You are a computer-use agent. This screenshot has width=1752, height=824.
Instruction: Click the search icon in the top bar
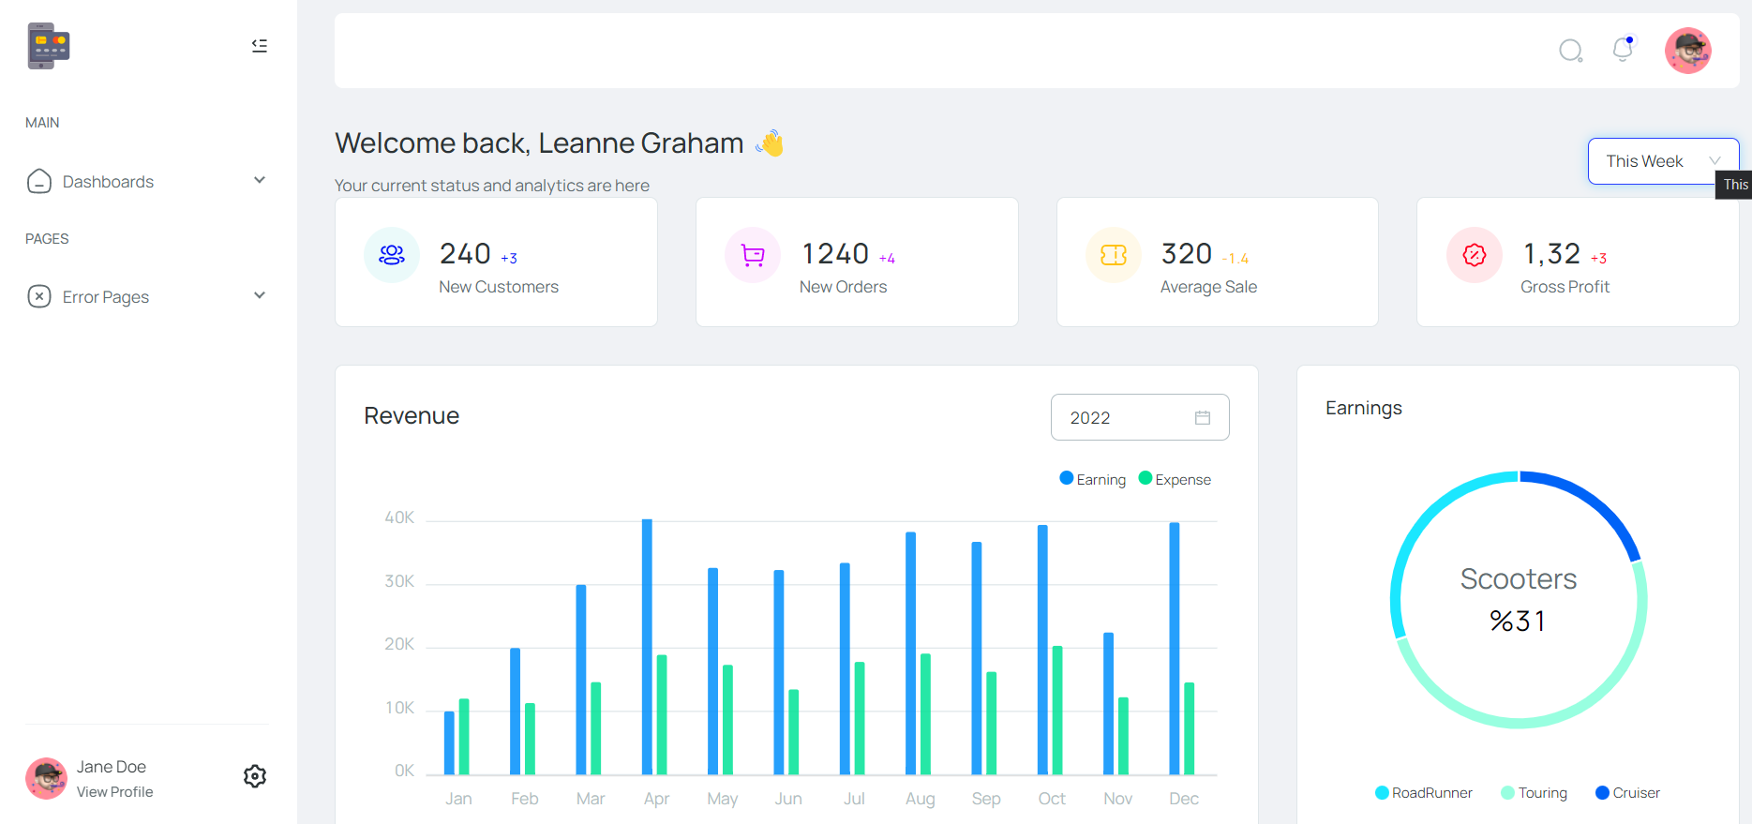1570,51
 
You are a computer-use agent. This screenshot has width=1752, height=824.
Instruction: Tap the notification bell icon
1623,50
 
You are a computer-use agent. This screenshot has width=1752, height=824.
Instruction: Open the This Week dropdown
1662,161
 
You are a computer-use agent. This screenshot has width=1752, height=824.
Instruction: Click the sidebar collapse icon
260,46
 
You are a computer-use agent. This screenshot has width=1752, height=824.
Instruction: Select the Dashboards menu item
108,182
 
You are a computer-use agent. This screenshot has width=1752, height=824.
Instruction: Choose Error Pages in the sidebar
105,297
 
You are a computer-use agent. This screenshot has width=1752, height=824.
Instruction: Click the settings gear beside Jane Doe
255,776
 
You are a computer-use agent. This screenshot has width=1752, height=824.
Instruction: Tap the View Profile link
114,792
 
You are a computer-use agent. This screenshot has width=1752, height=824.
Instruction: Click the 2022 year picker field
1139,417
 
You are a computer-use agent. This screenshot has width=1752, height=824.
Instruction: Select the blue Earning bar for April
647,647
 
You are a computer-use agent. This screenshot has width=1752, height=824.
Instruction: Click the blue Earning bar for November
1109,703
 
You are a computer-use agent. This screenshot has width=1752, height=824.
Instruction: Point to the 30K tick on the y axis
399,581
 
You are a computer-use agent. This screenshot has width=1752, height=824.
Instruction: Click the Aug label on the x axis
920,799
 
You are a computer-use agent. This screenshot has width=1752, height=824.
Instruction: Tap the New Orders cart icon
753,255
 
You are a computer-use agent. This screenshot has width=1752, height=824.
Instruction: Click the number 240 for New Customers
465,254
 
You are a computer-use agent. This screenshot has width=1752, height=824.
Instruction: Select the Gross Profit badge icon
1475,255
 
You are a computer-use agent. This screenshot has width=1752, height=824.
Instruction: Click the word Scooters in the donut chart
1519,579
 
